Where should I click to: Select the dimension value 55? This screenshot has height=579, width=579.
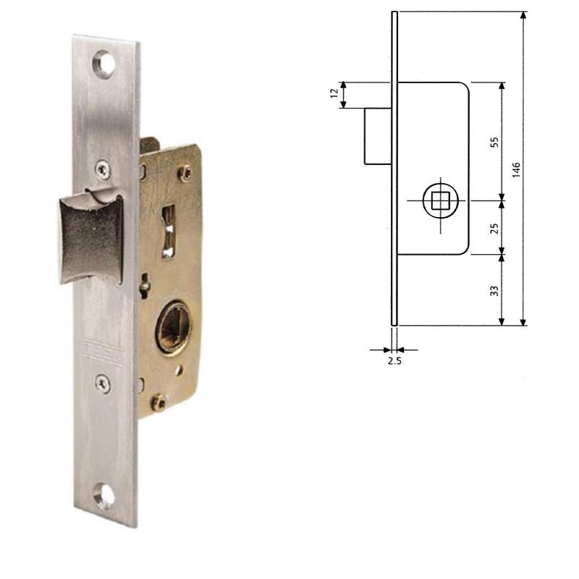[x=495, y=140]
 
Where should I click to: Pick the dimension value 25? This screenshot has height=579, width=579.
[x=495, y=227]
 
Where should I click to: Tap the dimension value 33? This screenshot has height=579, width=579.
[x=495, y=290]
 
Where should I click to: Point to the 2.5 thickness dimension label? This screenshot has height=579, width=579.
[x=394, y=360]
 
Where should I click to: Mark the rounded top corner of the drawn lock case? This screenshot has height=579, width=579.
[x=464, y=88]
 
